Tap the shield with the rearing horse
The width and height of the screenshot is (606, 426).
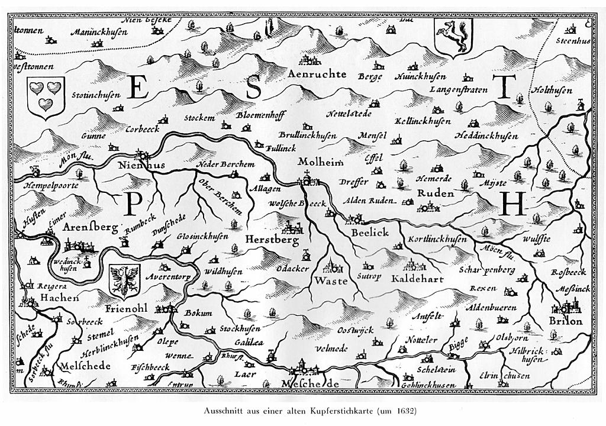(x=452, y=35)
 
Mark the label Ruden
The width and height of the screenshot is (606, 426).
(x=435, y=193)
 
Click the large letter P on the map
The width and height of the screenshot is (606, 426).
(x=133, y=205)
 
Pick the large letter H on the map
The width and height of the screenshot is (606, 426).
(x=512, y=205)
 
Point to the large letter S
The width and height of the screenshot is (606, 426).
(x=253, y=88)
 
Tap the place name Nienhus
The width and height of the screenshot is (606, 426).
(x=141, y=166)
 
